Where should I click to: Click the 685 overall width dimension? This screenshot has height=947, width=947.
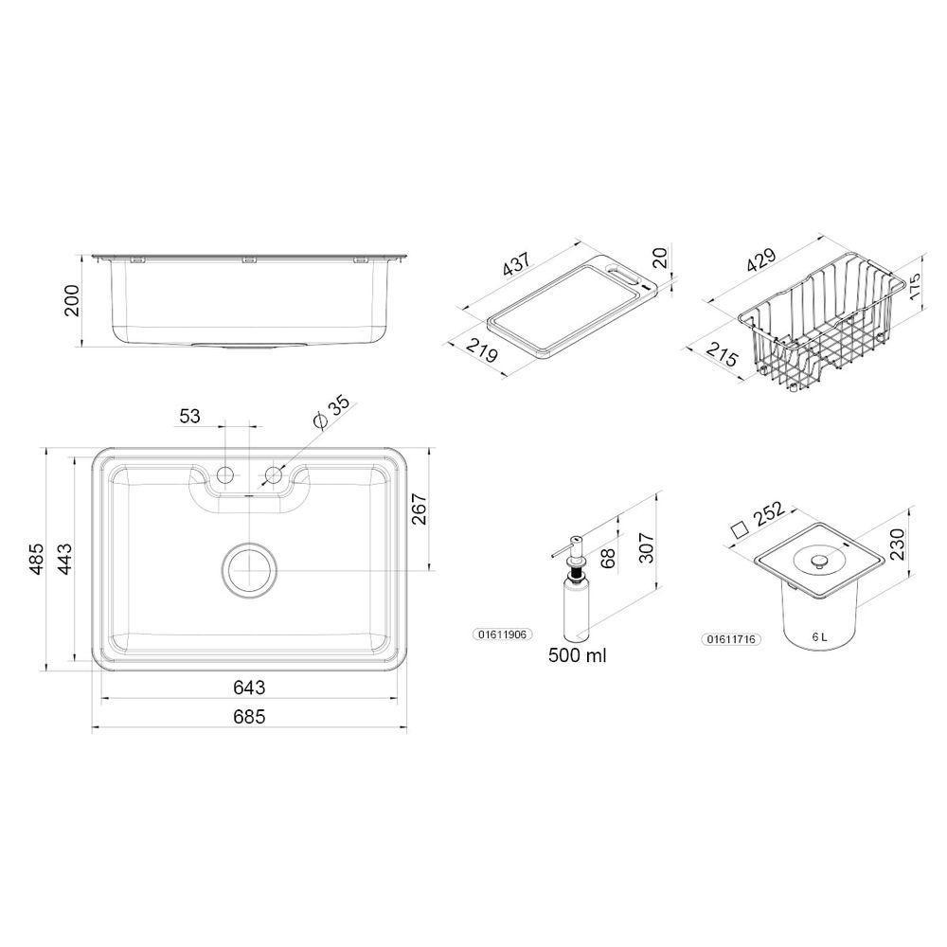249,716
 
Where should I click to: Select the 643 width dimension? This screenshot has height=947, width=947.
249,688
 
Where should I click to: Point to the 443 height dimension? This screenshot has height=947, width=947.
64,559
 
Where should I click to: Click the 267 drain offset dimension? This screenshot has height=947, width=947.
419,509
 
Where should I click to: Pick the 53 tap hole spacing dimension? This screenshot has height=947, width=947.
189,416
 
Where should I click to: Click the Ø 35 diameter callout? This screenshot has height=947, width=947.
331,413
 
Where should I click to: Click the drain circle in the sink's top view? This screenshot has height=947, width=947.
249,570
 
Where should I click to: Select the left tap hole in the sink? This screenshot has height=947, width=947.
224,475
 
